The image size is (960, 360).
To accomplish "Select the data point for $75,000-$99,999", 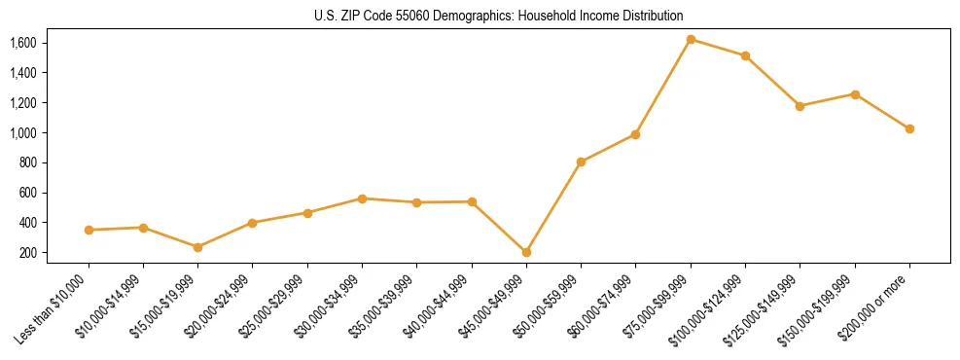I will pos(691,40).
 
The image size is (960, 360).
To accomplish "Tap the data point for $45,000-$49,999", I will pos(526,252).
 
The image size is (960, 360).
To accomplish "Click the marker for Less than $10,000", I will pos(89,230).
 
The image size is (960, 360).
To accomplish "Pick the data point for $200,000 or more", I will pos(909,128).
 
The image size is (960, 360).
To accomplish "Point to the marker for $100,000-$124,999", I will pos(745,55).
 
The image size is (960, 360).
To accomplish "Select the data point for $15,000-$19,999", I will pos(197,247).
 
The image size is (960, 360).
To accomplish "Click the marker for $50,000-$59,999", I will pos(581,162).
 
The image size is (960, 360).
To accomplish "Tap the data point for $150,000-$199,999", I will pos(855,94).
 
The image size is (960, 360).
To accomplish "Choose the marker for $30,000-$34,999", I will pos(362,198).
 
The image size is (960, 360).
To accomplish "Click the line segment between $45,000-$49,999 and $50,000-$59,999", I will pos(553,207).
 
